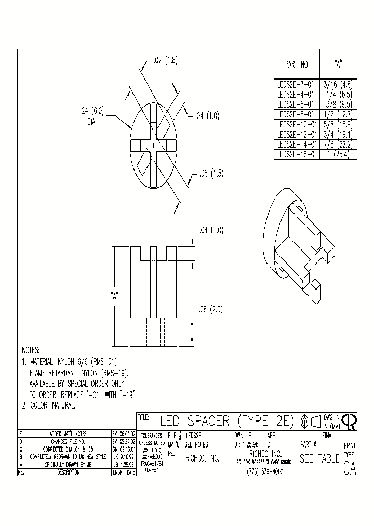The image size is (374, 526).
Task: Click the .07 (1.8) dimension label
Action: click(165, 61)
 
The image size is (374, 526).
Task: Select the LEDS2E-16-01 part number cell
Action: click(296, 154)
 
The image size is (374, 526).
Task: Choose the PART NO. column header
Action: click(297, 65)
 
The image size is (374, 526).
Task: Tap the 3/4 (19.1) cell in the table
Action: click(338, 134)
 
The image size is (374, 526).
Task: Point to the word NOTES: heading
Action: click(31, 350)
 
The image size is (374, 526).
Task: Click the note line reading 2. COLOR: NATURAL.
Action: click(49, 405)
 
